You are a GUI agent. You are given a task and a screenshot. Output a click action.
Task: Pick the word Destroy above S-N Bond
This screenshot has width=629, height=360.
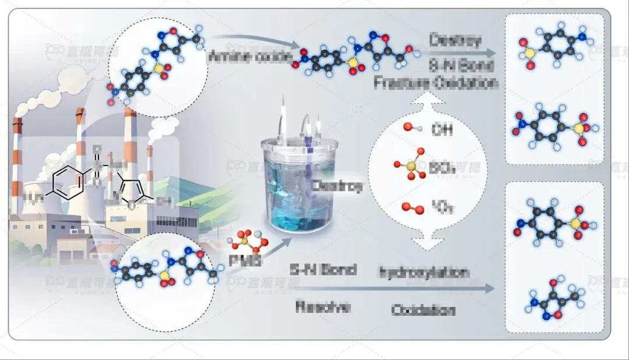[x=455, y=40]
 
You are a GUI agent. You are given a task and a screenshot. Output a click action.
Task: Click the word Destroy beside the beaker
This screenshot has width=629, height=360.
[x=337, y=186]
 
